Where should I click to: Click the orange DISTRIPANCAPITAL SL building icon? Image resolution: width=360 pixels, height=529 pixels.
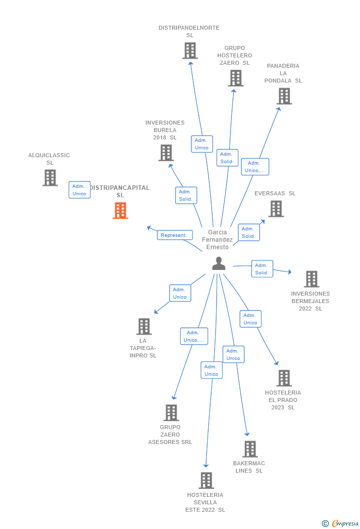[x=120, y=211]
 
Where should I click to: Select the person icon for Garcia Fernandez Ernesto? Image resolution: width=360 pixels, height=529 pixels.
[x=219, y=264]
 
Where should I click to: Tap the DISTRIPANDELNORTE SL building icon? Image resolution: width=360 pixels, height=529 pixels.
[x=190, y=50]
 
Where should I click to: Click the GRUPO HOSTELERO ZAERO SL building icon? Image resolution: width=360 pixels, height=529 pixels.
[x=236, y=78]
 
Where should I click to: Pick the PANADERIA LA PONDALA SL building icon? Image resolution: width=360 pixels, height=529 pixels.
[x=284, y=96]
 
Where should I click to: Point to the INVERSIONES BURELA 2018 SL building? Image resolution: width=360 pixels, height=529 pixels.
[x=166, y=153]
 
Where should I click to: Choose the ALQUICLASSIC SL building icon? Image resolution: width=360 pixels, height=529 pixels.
[x=50, y=177]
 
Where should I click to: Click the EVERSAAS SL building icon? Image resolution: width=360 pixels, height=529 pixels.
[x=276, y=209]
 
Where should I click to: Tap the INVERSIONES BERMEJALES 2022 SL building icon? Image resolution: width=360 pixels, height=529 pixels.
[x=311, y=279]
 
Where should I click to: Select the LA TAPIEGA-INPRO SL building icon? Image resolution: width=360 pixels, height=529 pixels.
[x=144, y=326]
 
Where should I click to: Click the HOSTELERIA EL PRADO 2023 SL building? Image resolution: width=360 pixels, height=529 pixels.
[x=284, y=378]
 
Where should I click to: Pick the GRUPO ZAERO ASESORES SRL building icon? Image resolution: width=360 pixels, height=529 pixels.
[x=171, y=413]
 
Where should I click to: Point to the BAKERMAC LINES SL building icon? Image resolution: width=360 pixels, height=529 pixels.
[x=250, y=449]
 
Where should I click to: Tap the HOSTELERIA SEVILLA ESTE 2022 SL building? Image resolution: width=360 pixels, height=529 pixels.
[x=206, y=480]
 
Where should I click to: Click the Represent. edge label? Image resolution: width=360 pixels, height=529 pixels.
[x=175, y=235]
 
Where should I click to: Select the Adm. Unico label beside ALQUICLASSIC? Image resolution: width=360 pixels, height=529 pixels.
[x=80, y=190]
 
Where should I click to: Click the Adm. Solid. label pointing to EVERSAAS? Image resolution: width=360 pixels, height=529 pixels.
[x=249, y=232]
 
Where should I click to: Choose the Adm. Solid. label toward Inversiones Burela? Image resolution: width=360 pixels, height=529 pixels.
[x=186, y=195]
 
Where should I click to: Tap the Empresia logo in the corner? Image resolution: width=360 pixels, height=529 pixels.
[x=341, y=523]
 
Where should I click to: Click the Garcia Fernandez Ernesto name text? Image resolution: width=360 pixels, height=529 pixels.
[x=218, y=239]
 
